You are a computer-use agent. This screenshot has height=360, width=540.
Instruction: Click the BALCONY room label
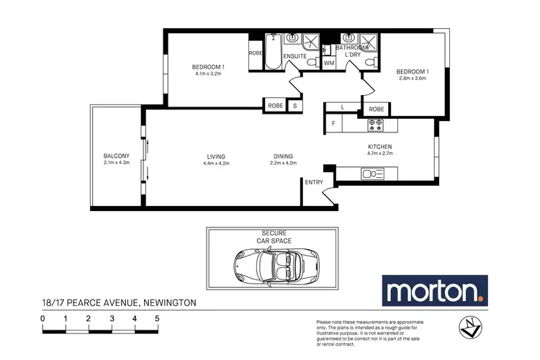point(116,156)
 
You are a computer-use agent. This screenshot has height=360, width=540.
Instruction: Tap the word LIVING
point(215,156)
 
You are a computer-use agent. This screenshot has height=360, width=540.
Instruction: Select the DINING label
point(282,156)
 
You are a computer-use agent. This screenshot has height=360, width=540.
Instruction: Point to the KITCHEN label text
point(379,147)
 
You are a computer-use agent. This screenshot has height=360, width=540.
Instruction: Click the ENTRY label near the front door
point(314,182)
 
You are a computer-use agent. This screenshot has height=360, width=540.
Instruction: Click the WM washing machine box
point(329,63)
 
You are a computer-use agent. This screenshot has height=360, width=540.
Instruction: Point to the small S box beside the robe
point(294,105)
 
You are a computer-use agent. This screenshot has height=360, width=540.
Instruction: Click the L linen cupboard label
point(343,108)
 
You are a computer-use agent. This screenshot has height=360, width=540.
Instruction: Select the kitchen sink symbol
point(373,174)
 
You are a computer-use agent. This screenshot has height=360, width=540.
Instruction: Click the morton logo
point(434,292)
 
